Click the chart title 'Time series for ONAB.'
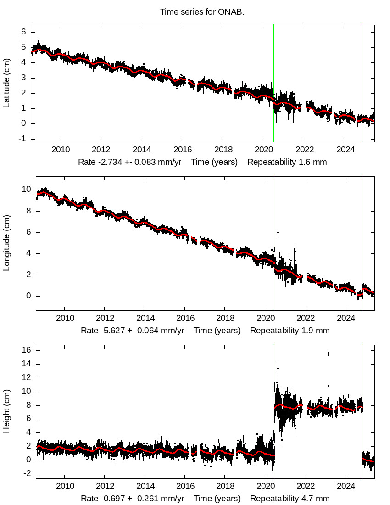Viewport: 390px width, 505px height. pyautogui.click(x=202, y=12)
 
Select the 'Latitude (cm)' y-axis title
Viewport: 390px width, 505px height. pyautogui.click(x=6, y=83)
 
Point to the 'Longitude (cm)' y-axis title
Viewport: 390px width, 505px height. pyautogui.click(x=6, y=242)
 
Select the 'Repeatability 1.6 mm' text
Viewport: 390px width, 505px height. pyautogui.click(x=287, y=162)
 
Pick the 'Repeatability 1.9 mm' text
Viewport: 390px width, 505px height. pyautogui.click(x=290, y=330)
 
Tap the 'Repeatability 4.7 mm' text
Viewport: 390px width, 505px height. pyautogui.click(x=290, y=498)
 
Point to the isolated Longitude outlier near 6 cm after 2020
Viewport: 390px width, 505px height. pyautogui.click(x=277, y=232)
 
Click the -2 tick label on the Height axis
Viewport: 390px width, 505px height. pyautogui.click(x=27, y=474)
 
